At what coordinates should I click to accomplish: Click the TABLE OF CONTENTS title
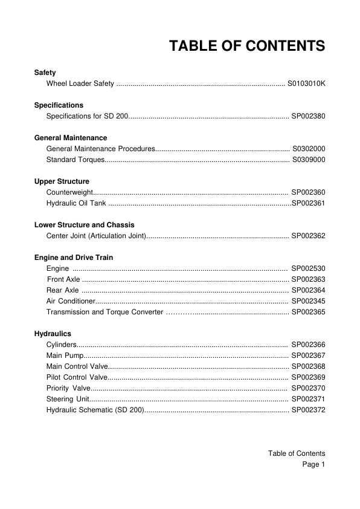[247, 46]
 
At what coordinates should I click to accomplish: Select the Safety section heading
[45, 73]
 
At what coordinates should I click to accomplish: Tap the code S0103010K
[306, 83]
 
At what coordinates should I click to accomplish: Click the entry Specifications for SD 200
[86, 115]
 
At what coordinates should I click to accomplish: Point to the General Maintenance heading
[71, 138]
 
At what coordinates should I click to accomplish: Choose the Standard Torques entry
[75, 160]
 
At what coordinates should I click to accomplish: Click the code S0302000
[308, 149]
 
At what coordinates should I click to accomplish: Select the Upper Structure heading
[62, 181]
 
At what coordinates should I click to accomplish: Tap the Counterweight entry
[69, 192]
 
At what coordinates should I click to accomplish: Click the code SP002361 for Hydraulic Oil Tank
[308, 203]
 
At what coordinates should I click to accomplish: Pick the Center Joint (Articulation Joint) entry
[96, 236]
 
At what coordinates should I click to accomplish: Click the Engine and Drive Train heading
[73, 258]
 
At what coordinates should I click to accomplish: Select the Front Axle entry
[63, 279]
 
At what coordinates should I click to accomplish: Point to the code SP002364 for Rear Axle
[308, 290]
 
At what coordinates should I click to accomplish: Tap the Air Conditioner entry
[71, 301]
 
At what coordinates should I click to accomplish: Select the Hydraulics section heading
[53, 334]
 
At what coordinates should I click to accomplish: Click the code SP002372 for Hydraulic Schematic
[308, 410]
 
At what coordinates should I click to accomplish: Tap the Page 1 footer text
[313, 464]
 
